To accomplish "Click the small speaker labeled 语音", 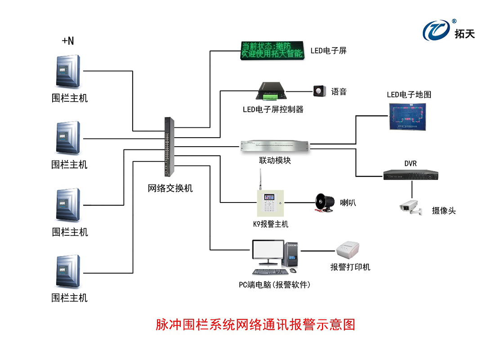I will tap(319, 91).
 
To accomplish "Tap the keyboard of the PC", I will tap(269, 272).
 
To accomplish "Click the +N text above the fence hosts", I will tap(67, 41).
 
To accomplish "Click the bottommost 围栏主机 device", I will tap(68, 271).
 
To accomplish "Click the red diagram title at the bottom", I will tap(255, 325).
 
